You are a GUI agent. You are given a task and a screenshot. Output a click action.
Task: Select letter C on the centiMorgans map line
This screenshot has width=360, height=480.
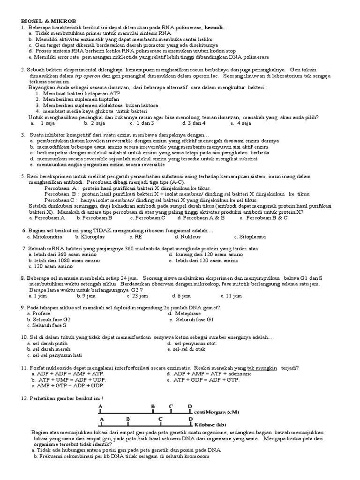click(171, 405)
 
